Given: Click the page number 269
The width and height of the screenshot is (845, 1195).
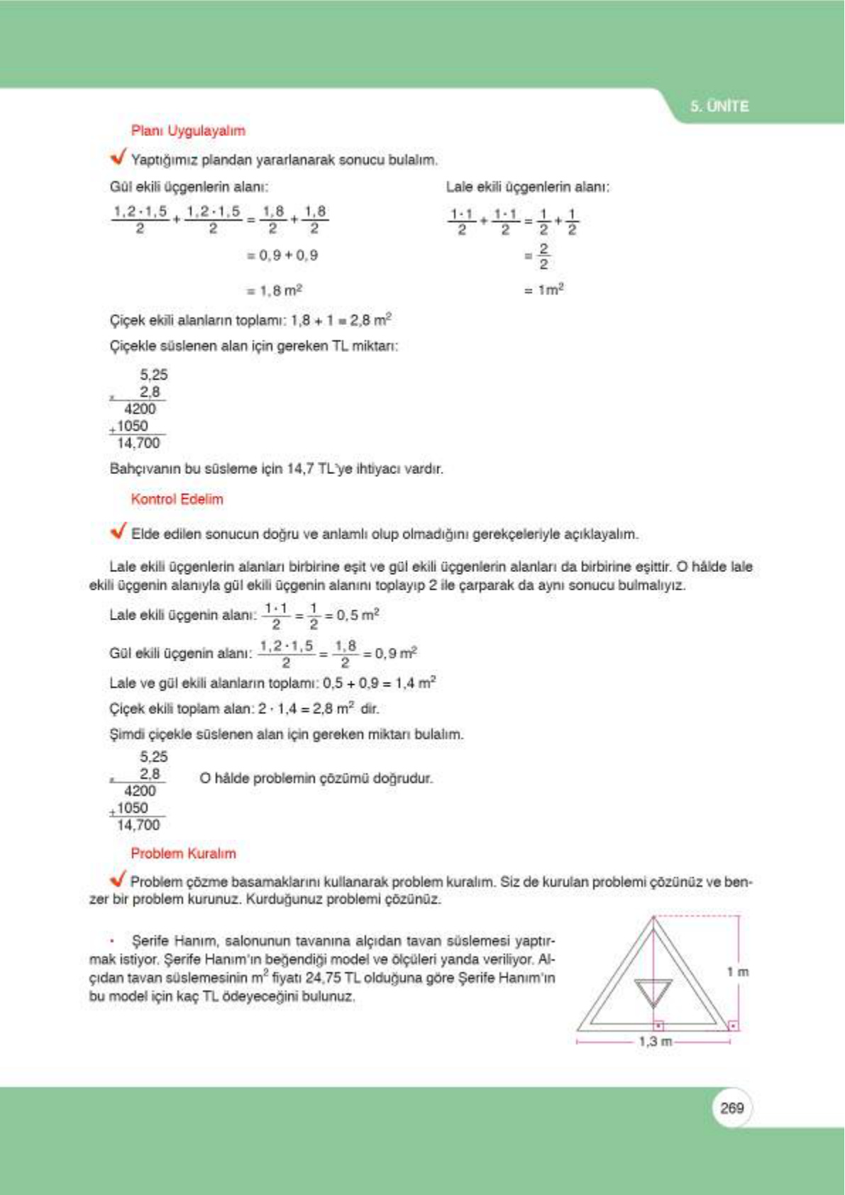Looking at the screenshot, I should [731, 1108].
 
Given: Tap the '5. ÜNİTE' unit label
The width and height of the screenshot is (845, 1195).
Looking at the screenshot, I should [719, 106].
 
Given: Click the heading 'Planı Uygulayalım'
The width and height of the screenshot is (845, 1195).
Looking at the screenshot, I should [188, 131].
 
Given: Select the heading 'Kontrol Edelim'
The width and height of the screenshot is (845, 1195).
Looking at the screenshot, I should [177, 499].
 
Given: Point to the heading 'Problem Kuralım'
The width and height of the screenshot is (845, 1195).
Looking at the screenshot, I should [183, 853].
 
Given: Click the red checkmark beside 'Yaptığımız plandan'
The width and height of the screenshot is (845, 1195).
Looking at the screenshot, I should [118, 156].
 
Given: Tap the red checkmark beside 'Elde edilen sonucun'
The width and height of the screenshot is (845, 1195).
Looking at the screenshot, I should [118, 531].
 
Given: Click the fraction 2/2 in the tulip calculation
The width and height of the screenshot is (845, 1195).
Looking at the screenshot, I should [543, 256].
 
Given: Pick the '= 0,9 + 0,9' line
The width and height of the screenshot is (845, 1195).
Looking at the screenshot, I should [282, 255].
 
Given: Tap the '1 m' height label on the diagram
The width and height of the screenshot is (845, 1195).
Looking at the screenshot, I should [738, 971].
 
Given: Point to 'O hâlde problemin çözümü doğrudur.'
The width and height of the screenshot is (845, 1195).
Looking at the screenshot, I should [316, 778].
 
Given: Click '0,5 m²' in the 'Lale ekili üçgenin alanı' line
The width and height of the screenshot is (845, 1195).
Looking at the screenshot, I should [358, 615].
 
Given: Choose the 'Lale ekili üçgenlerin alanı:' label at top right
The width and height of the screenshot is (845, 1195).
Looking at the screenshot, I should [527, 187].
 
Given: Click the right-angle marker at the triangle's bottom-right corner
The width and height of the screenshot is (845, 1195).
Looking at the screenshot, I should [733, 1025].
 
